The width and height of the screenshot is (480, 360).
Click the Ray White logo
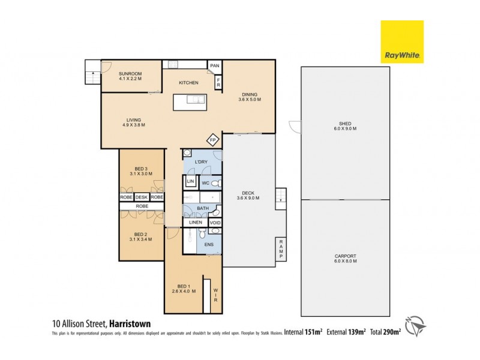point(402,42)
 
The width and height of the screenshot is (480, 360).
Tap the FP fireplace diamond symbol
point(212,140)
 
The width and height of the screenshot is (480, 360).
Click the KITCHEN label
point(188,83)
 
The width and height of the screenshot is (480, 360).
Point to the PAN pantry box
point(214,65)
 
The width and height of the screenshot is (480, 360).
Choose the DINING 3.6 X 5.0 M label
point(250,97)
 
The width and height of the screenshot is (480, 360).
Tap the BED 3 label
point(141,170)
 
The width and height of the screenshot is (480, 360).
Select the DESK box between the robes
point(142,197)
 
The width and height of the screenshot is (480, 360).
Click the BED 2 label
point(141,236)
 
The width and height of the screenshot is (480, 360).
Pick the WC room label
point(206,182)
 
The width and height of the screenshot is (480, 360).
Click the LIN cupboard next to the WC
point(190,181)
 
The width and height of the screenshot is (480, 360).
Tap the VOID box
point(215,223)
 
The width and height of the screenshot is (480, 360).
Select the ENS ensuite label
point(209,245)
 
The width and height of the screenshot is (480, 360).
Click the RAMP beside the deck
point(280,249)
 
